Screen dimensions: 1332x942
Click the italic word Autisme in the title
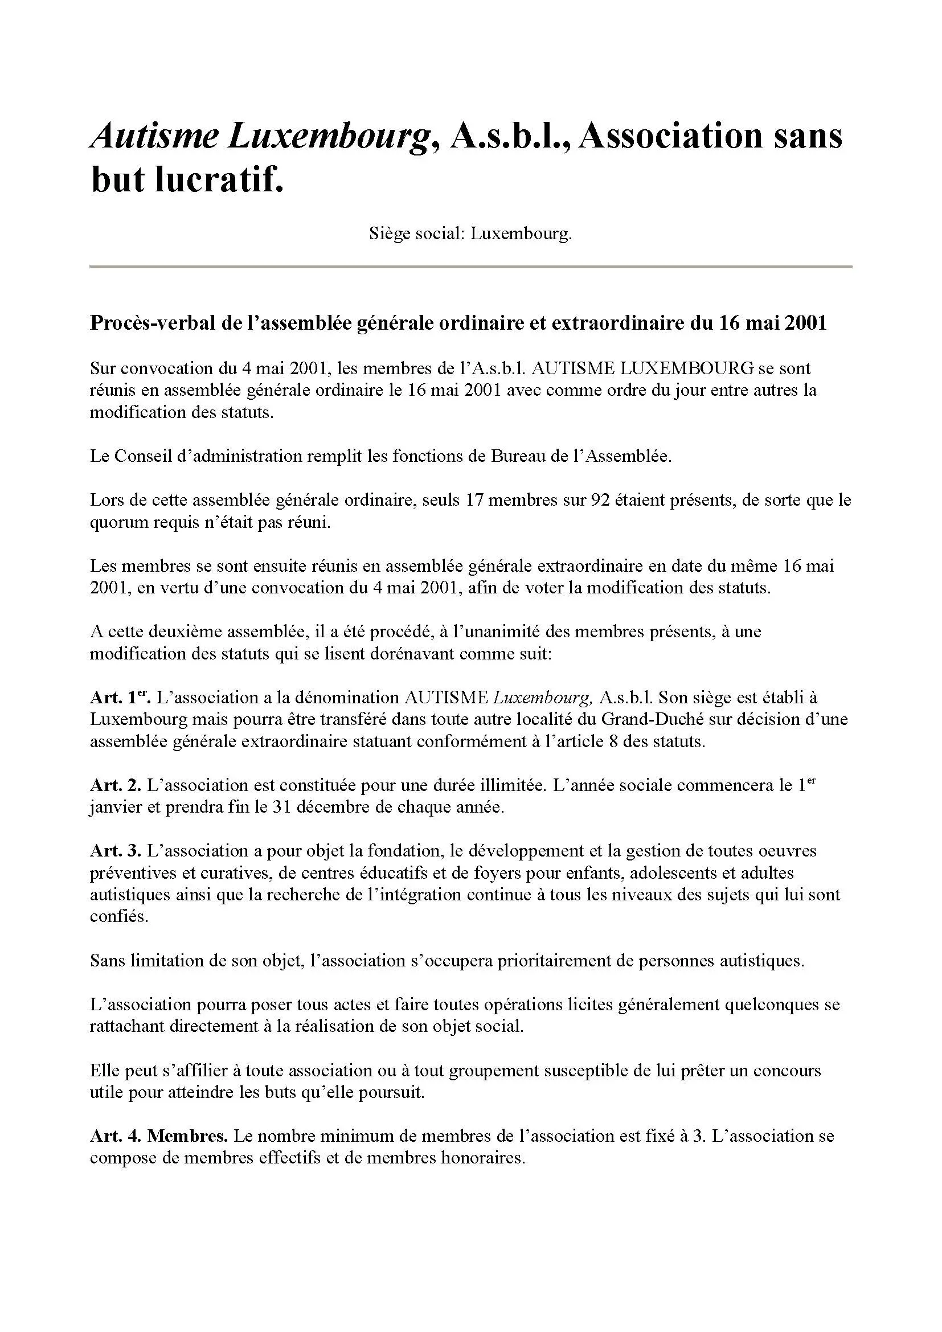pyautogui.click(x=154, y=137)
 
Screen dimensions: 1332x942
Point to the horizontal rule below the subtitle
pyautogui.click(x=470, y=267)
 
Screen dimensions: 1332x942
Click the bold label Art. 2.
pyautogui.click(x=116, y=785)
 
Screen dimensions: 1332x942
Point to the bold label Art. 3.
pyautogui.click(x=116, y=850)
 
